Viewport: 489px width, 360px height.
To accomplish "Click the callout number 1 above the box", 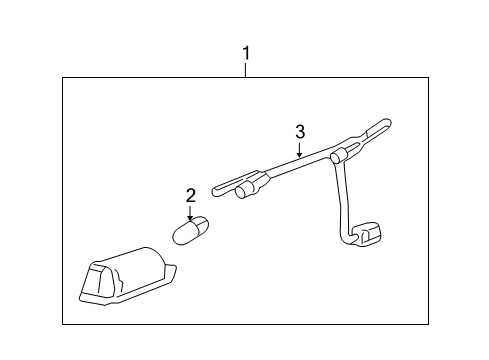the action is click(x=246, y=51).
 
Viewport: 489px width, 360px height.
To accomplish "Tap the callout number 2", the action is click(x=190, y=196).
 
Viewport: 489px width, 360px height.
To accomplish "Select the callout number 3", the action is click(x=298, y=130).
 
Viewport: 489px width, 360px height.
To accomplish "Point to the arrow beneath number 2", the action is click(x=190, y=213).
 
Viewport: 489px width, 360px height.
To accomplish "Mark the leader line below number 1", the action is click(x=246, y=69).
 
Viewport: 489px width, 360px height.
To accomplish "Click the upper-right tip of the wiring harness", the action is click(x=388, y=122).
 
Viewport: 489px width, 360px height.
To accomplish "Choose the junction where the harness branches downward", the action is click(x=337, y=155).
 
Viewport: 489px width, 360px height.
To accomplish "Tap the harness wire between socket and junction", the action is click(x=295, y=167).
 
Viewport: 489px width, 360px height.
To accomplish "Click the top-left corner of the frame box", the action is click(x=63, y=78).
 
